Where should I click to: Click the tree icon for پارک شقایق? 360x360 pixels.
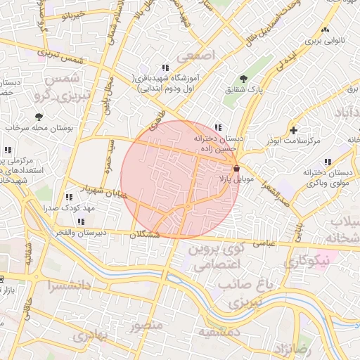tap(243, 78)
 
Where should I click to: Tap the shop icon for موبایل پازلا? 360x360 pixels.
tap(236, 169)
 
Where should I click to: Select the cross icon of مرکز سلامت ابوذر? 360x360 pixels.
tap(293, 130)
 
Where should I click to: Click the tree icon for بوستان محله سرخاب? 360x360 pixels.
tap(38, 117)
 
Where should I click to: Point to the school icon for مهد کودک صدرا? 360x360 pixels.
tap(68, 198)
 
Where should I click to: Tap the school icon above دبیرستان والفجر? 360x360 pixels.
tap(82, 222)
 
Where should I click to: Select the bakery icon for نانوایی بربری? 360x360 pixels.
tap(324, 30)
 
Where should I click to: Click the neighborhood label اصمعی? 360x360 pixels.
tap(194, 56)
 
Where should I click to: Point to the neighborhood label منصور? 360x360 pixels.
tap(146, 326)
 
